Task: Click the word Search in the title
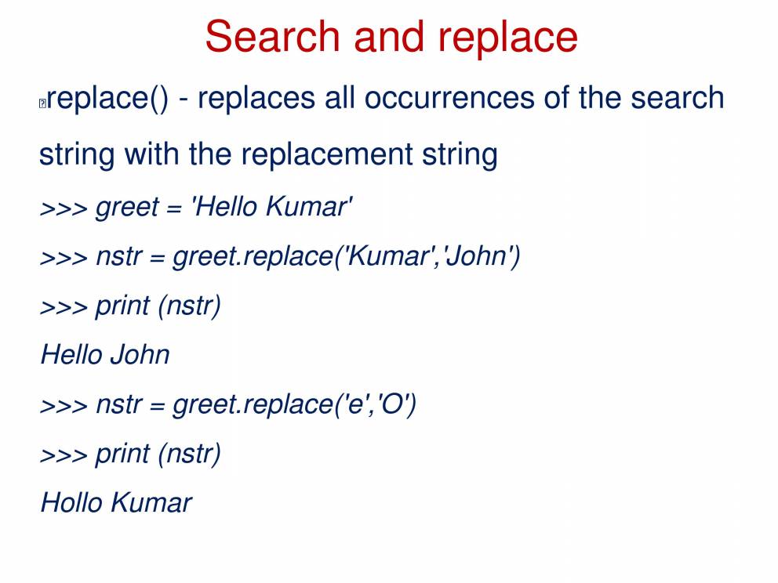[x=272, y=36]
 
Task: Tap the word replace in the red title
[x=507, y=39]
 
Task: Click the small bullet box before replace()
[x=42, y=103]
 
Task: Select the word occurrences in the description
[x=449, y=98]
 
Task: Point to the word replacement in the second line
[x=327, y=154]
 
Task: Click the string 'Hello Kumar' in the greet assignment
[x=272, y=206]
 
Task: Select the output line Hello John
[x=105, y=354]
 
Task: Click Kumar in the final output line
[x=151, y=502]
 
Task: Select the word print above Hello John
[x=122, y=306]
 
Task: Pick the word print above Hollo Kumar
[x=122, y=454]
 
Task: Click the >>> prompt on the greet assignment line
[x=64, y=208]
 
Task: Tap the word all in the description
[x=340, y=97]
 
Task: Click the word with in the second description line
[x=151, y=154]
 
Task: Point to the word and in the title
[x=389, y=36]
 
